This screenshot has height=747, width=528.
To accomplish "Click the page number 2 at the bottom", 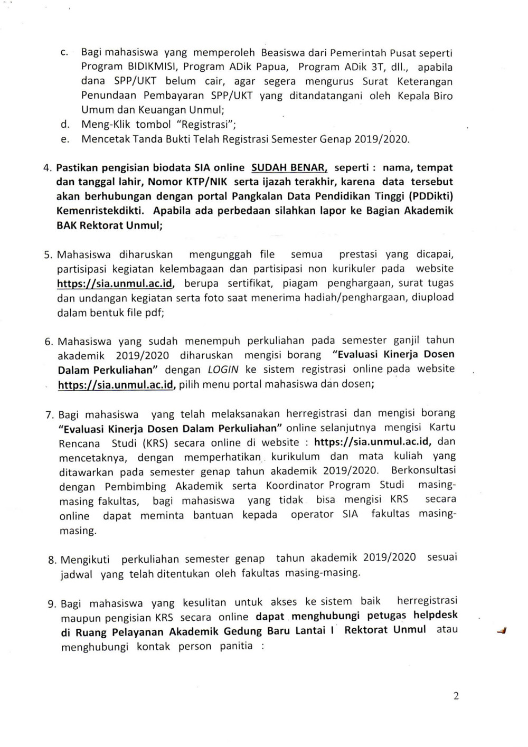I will pos(456,695).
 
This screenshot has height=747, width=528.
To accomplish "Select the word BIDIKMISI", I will pos(153,67).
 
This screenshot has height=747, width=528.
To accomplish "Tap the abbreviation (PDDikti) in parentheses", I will pos(429,196).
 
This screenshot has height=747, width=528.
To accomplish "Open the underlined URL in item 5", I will pos(116,283).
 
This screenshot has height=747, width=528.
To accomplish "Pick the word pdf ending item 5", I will pos(155,312).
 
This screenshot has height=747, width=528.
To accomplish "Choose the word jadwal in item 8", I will pos(76,574).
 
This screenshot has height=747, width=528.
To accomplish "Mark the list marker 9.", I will pos(52,603).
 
